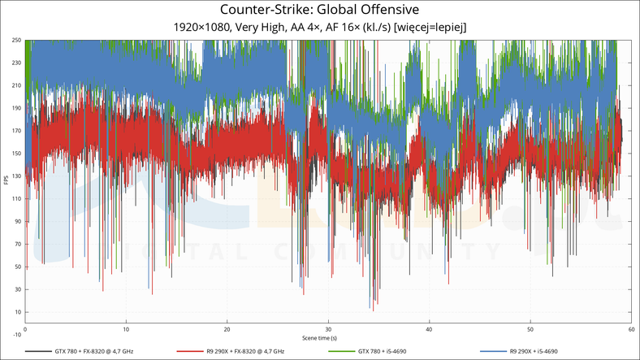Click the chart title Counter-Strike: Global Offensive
pos(320,10)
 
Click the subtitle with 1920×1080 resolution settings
pos(320,27)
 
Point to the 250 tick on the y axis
pos(16,40)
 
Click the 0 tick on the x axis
pos(26,329)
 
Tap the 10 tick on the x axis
pos(126,329)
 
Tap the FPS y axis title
pos(6,179)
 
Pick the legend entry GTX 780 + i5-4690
pos(382,351)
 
